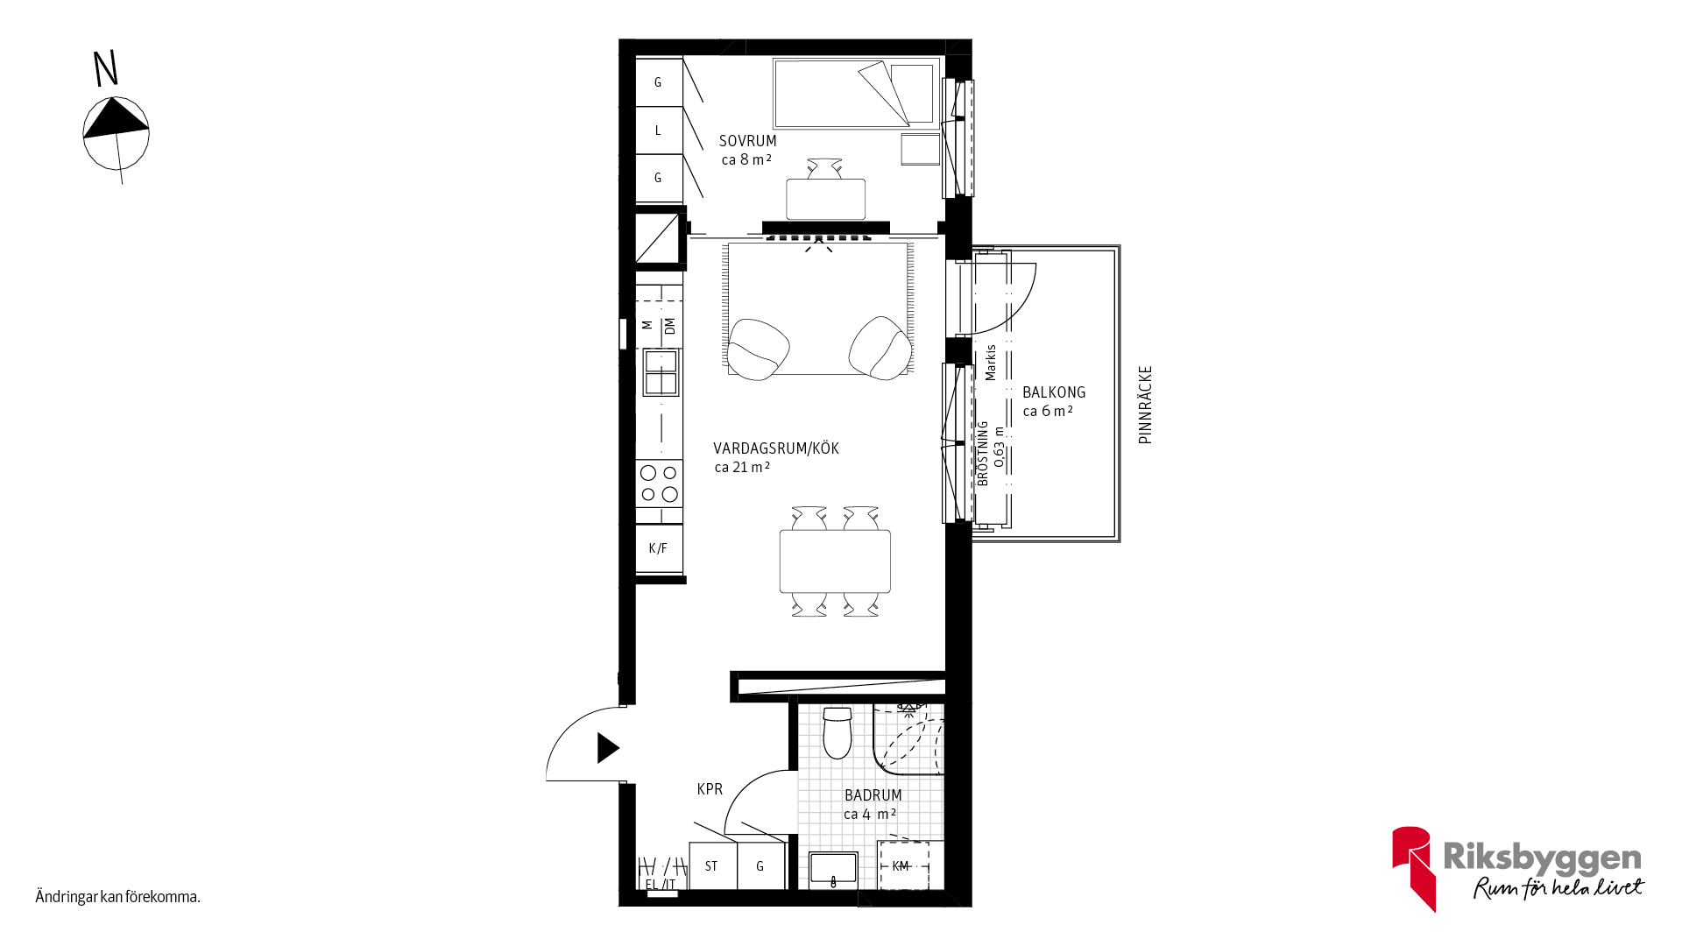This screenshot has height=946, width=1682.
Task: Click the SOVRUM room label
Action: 747,141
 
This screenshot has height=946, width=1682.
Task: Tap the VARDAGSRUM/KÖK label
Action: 776,448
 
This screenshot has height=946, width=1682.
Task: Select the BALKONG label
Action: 1054,392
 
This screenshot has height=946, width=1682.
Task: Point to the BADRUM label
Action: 873,795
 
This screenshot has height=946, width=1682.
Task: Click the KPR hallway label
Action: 710,789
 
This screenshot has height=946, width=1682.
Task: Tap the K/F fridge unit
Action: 659,549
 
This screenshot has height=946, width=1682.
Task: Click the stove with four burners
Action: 660,484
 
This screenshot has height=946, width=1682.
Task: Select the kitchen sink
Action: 661,372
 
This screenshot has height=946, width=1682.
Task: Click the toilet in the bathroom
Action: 837,732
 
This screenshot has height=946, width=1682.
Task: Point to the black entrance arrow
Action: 608,748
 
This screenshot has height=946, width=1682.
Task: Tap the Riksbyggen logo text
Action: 1542,858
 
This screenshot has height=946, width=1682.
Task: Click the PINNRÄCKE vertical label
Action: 1145,405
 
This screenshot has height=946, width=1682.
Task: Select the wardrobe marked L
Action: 659,131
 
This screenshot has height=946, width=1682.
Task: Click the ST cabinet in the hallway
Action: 712,866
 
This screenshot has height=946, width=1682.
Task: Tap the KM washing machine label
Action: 901,866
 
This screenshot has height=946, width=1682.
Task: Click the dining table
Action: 835,561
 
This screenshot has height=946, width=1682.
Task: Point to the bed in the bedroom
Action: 857,94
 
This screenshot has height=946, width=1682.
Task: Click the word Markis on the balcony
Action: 991,363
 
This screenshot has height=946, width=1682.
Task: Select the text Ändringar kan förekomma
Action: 118,897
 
